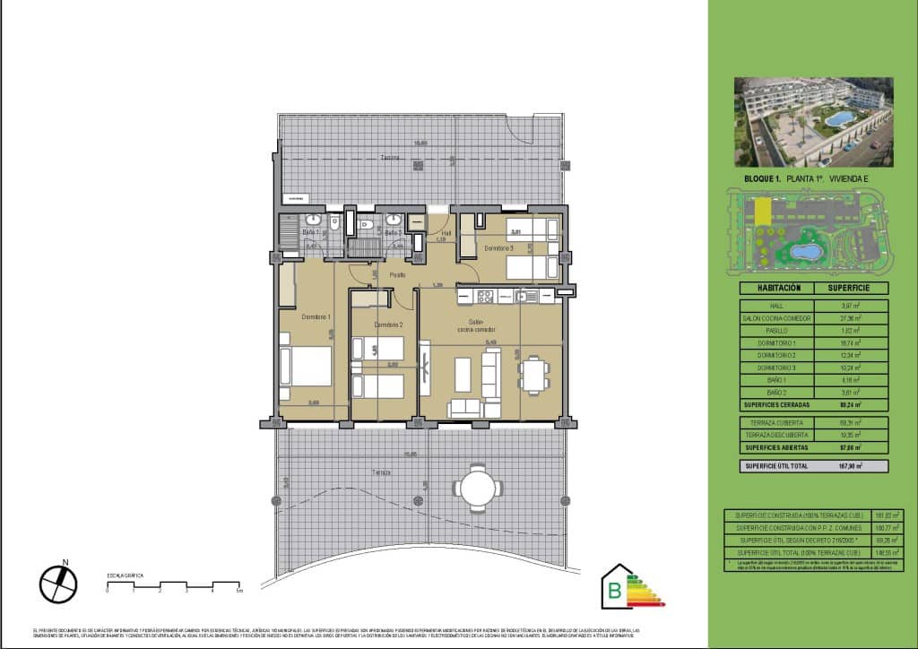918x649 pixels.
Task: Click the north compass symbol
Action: click(59, 584)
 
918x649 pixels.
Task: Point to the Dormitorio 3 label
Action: click(498, 247)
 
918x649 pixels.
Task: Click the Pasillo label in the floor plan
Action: click(396, 274)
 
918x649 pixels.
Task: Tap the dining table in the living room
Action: click(533, 374)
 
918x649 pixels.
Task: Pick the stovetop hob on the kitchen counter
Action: click(484, 296)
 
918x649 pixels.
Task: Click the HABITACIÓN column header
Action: click(777, 289)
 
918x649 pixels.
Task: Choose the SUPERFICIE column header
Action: click(852, 289)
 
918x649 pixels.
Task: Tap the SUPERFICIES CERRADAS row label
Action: click(777, 403)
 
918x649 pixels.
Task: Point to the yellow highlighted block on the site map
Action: click(761, 212)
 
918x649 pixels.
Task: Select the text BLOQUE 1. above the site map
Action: click(762, 179)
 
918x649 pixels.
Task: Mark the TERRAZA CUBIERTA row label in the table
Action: click(777, 421)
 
